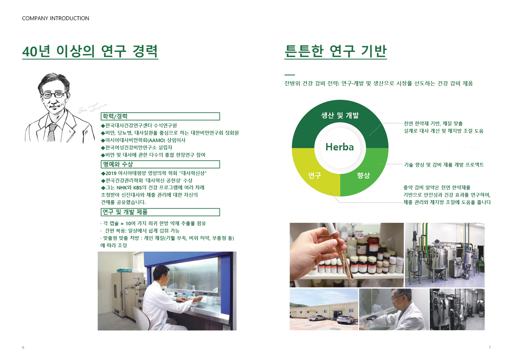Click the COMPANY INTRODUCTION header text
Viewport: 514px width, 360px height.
[56, 18]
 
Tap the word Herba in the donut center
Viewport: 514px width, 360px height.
[340, 147]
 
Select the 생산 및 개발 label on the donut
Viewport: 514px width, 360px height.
[340, 115]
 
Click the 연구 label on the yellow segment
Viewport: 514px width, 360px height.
[315, 176]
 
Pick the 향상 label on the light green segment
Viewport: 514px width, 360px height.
[364, 176]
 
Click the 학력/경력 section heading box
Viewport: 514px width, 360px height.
[160, 116]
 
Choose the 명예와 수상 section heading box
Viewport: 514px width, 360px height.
[160, 164]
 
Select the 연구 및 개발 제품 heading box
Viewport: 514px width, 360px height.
[160, 212]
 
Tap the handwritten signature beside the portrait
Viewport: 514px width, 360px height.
[92, 108]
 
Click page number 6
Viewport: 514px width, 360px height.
[23, 348]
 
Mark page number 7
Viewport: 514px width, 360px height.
[490, 348]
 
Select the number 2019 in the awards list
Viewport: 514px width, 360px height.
[111, 173]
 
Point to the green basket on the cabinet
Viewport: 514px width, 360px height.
[124, 270]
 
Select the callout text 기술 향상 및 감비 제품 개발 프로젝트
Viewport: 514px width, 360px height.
[444, 164]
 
